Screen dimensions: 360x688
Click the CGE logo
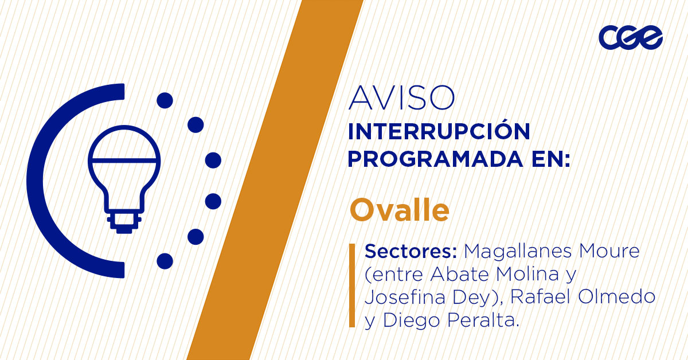pyautogui.click(x=631, y=38)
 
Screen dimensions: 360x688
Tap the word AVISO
pyautogui.click(x=401, y=98)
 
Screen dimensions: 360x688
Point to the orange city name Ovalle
pyautogui.click(x=400, y=210)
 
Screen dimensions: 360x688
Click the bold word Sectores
pyautogui.click(x=411, y=252)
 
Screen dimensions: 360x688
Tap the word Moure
pyautogui.click(x=613, y=252)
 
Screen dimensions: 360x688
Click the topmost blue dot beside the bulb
pyautogui.click(x=165, y=101)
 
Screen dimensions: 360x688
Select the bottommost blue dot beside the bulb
pyautogui.click(x=165, y=261)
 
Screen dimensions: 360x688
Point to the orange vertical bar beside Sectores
pyautogui.click(x=352, y=285)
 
